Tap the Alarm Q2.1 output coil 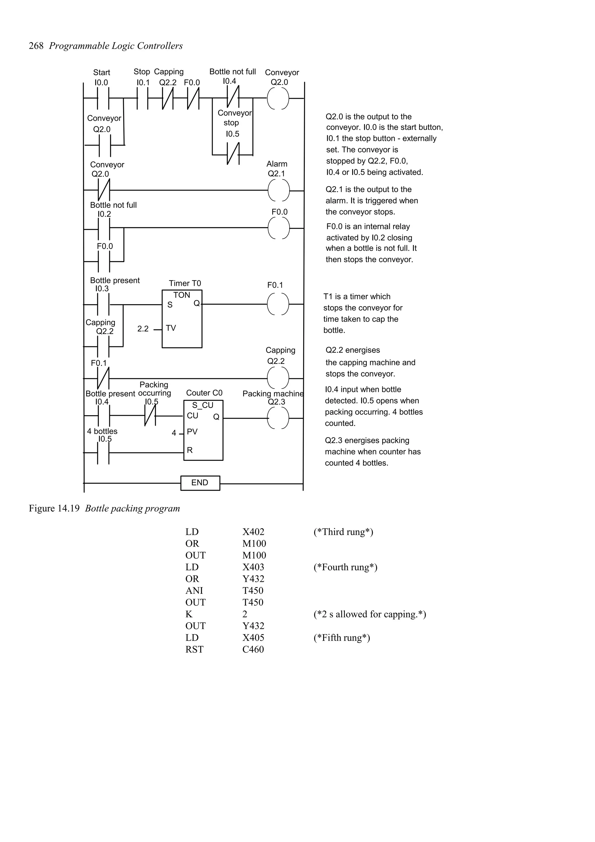(278, 190)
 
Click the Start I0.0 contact (103, 98)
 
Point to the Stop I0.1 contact (143, 98)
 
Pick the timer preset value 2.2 (143, 329)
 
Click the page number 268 (36, 46)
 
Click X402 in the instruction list (253, 532)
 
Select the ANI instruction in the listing (194, 590)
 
